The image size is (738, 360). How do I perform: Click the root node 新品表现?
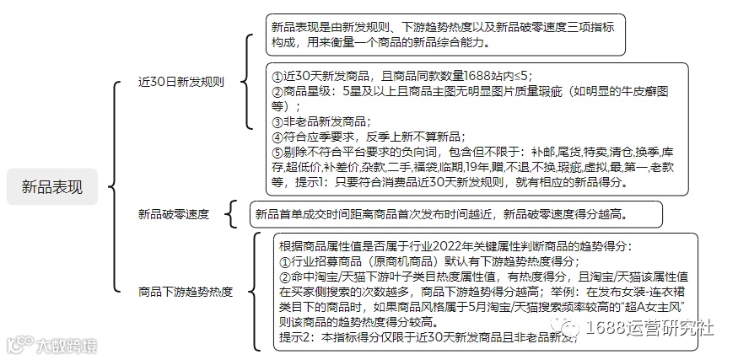coord(52,186)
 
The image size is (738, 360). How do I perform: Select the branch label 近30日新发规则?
coord(181,83)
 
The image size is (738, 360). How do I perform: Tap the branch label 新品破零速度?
coord(174,214)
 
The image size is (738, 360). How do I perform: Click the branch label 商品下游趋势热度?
coord(186,293)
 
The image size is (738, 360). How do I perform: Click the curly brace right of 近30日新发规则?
coord(246,83)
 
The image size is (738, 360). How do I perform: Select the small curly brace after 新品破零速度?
coord(232,214)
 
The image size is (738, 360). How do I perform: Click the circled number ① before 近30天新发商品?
coord(277,75)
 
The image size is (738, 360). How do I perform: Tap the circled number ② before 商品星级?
coord(277,91)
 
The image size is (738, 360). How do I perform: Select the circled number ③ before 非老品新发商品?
coord(277,121)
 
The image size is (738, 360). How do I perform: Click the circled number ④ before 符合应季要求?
coord(277,137)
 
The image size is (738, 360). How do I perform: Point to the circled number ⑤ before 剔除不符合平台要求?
coord(277,152)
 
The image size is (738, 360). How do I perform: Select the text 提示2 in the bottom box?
coord(297,337)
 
